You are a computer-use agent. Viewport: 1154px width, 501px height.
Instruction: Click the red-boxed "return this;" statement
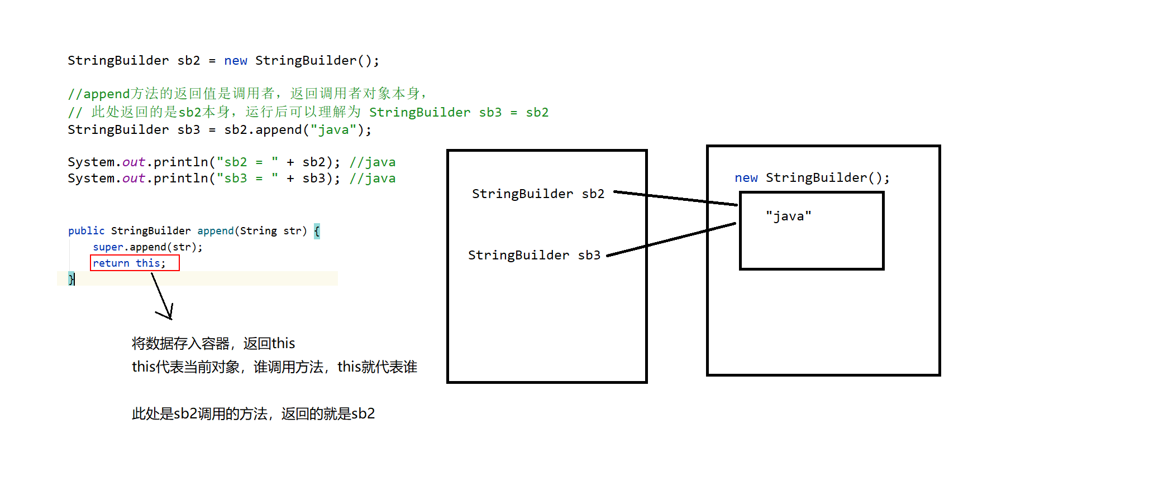click(134, 263)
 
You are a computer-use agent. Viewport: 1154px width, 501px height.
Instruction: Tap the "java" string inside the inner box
click(788, 216)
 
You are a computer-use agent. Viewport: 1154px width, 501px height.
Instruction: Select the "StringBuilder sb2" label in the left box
click(538, 194)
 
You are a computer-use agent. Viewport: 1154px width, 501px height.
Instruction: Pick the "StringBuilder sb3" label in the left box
click(534, 255)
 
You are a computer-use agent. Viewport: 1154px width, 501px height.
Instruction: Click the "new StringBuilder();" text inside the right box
click(812, 177)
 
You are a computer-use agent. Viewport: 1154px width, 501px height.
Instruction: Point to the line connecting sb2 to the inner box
click(676, 199)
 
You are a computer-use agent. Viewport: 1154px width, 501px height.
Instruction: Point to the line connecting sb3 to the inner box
click(670, 240)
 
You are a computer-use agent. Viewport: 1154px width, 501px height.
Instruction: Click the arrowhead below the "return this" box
click(168, 315)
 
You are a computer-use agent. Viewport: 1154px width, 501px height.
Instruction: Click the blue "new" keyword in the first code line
click(235, 60)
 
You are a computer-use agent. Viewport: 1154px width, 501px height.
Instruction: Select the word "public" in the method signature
click(86, 230)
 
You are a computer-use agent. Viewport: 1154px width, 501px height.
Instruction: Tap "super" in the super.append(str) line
click(108, 247)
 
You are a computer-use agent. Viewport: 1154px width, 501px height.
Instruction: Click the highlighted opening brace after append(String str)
click(317, 230)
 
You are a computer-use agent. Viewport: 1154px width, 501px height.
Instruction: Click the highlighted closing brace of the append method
click(71, 278)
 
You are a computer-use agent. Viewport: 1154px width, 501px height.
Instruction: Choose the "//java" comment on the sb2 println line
click(372, 162)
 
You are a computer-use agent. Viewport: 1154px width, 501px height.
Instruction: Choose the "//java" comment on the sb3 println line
click(372, 178)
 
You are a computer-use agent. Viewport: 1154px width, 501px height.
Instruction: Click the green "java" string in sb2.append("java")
click(333, 129)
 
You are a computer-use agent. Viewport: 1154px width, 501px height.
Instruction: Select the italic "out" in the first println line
click(133, 162)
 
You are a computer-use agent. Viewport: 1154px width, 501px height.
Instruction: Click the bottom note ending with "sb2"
click(253, 413)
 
